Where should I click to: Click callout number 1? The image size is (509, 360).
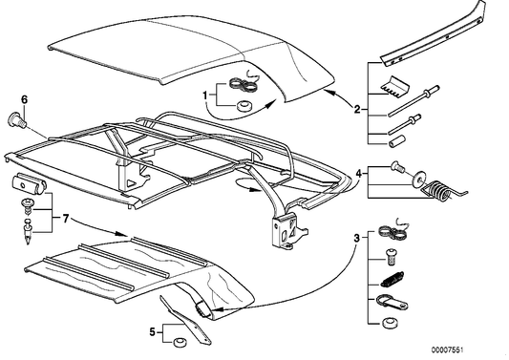point(204,93)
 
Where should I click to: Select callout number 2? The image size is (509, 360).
point(357,110)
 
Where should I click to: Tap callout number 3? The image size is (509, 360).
point(357,237)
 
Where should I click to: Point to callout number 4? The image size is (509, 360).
point(359,175)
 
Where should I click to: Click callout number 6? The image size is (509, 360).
point(25,99)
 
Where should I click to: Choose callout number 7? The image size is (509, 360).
point(65,220)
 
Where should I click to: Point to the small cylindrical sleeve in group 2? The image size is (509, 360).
point(392,141)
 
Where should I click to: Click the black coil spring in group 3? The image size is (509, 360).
point(390,280)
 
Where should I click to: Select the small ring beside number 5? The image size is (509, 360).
point(178,340)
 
